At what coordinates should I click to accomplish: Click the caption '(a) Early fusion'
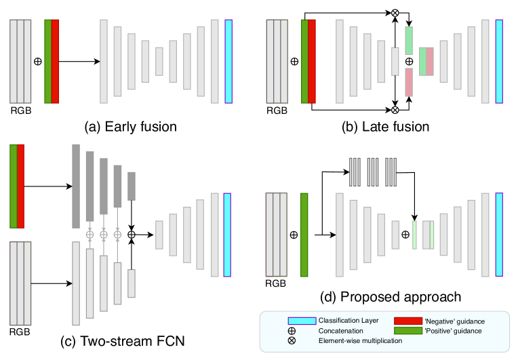pos(130,126)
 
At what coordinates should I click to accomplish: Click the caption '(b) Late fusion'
pos(385,126)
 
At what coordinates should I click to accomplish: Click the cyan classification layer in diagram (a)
pos(228,61)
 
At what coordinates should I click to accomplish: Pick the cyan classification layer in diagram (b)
pos(500,61)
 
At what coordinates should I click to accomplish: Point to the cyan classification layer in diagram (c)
pos(228,235)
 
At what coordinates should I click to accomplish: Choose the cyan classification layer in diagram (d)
pos(500,235)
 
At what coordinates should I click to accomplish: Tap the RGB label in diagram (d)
pos(275,283)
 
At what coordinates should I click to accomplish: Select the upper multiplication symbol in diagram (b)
pos(395,12)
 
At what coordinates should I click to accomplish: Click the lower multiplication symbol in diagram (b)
pos(395,108)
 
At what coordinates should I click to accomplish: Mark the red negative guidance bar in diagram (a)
pos(55,61)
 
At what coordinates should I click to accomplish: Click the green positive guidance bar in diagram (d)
pos(304,235)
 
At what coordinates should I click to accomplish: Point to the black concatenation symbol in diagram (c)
pos(132,234)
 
